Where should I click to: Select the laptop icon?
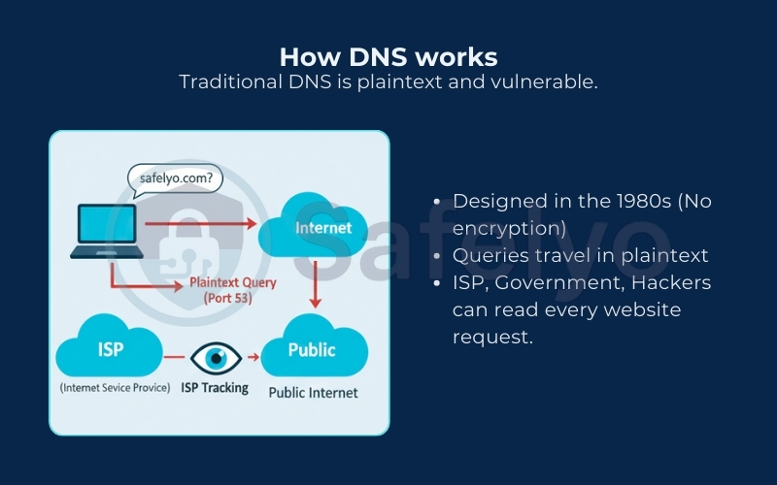(107, 231)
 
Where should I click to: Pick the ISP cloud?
(111, 349)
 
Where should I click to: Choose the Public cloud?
(312, 349)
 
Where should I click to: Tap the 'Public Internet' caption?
(313, 393)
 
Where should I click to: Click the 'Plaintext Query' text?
(233, 283)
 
